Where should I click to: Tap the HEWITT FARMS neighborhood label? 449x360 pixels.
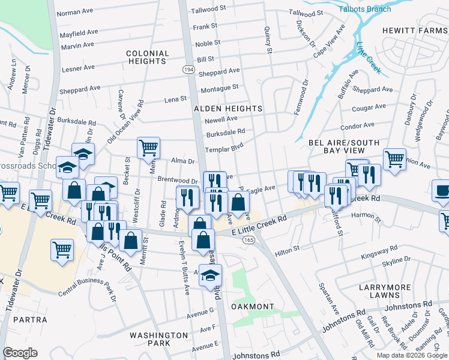[414, 30]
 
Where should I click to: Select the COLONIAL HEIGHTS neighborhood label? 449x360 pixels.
[146, 57]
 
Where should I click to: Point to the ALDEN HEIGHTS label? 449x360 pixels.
[228, 108]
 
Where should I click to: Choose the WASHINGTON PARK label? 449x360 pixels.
[159, 339]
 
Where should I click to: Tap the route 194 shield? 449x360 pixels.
[188, 70]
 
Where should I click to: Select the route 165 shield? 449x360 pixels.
[248, 239]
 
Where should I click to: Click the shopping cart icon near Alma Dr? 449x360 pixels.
[148, 146]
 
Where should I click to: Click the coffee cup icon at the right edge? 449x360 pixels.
[442, 190]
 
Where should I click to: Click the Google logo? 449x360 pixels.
[20, 353]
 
